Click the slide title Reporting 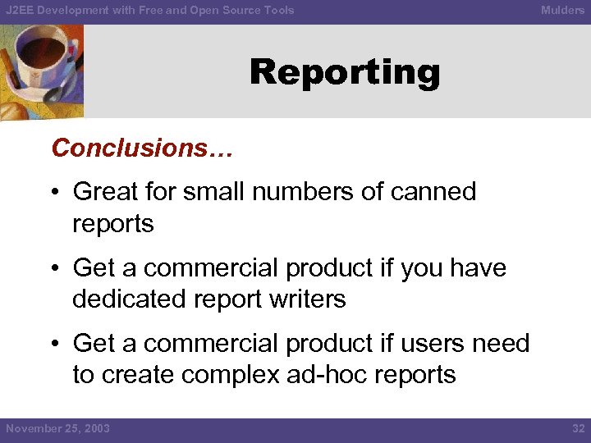(345, 73)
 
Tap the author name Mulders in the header (562, 11)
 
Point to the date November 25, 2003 (57, 428)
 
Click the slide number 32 (578, 428)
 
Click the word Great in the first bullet (106, 192)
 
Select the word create (136, 375)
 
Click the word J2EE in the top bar (20, 11)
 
